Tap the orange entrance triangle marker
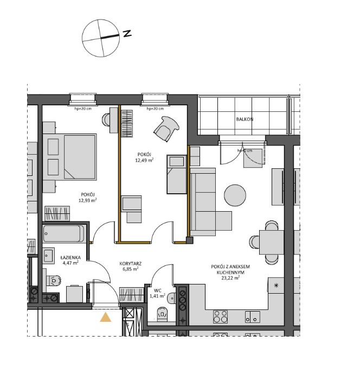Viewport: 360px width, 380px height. [x=105, y=318]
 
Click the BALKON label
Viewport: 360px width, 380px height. [x=245, y=119]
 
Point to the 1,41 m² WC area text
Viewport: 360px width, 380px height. [x=157, y=296]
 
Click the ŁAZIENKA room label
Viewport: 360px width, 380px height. [x=71, y=257]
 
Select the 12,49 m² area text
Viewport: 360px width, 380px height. [x=144, y=160]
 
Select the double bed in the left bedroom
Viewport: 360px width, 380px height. [x=80, y=157]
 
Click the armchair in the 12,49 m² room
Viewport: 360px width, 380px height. [x=166, y=128]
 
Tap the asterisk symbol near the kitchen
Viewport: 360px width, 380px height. [x=276, y=286]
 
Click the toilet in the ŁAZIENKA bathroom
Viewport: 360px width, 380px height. [x=54, y=280]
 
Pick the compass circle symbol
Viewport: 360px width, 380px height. [x=99, y=38]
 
